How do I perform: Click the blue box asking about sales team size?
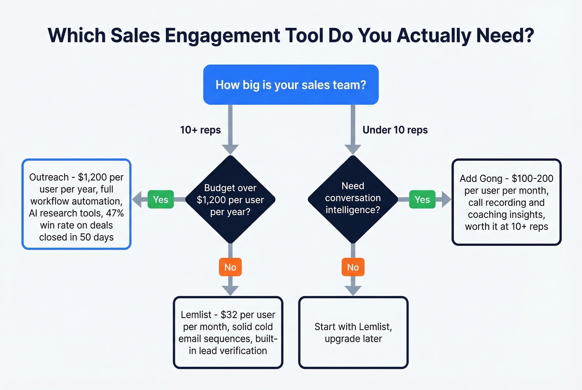point(291,85)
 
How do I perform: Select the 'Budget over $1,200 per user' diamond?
point(230,200)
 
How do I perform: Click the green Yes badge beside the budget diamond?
point(160,200)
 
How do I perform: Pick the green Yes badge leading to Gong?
point(422,200)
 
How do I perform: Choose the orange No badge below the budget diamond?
point(230,267)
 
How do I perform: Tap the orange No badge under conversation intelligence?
point(353,267)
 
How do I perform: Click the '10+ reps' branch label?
point(200,130)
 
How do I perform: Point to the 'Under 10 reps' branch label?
point(395,130)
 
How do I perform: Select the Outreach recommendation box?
point(76,204)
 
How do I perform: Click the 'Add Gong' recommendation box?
point(506,202)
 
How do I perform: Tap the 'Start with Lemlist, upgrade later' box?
point(353,333)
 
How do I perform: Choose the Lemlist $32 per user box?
point(228,333)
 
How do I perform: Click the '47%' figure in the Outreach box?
point(115,213)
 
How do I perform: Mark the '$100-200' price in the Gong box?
point(532,179)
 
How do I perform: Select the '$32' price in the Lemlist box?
point(229,315)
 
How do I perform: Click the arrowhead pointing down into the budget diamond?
point(230,149)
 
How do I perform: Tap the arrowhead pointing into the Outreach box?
point(137,200)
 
